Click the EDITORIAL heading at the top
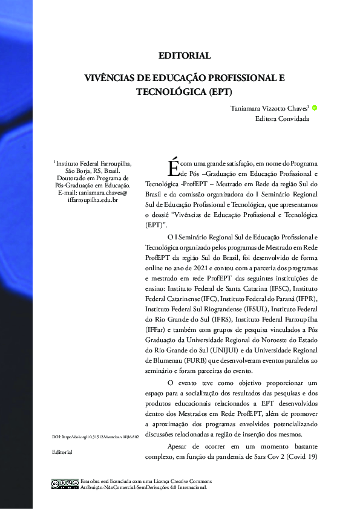(185, 56)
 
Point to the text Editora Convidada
(282, 118)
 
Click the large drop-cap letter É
(173, 164)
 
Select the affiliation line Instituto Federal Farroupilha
(91, 163)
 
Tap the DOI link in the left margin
(96, 436)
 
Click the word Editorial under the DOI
(62, 452)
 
